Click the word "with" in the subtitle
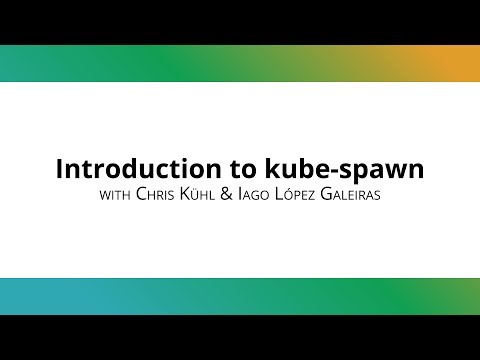116,193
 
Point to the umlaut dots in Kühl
208,185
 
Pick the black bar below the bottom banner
240,338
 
